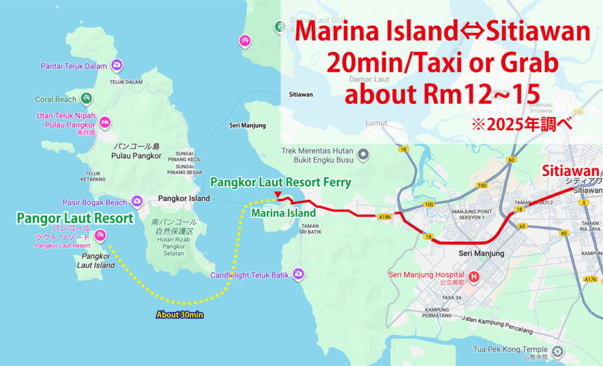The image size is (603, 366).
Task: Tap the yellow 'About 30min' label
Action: coord(180,315)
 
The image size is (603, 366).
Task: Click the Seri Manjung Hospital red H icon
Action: coord(474,275)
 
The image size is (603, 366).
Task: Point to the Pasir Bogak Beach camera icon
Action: coord(137,202)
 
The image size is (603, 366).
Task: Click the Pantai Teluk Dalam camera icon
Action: coord(117,66)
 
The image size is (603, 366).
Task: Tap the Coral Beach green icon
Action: coord(87,99)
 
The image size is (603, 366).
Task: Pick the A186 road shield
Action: coord(385,217)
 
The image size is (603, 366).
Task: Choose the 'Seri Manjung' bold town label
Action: coord(481,253)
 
